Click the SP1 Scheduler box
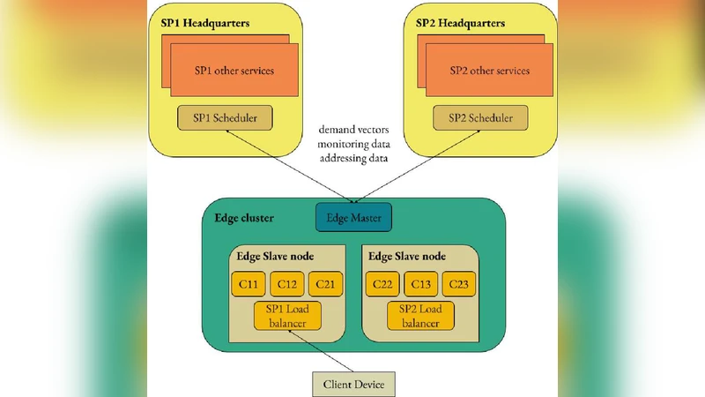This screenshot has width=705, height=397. pos(225,117)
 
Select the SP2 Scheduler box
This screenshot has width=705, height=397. pos(479,117)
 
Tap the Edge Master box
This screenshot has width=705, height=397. pos(352,216)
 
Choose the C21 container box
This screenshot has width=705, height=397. pos(327,284)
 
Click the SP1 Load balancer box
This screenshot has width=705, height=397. pos(287,315)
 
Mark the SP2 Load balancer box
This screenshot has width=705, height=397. pos(421,315)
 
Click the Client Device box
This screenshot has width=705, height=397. pos(353,385)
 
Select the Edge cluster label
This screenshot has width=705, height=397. pos(244,216)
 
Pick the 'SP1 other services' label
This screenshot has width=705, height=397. pos(234,71)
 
